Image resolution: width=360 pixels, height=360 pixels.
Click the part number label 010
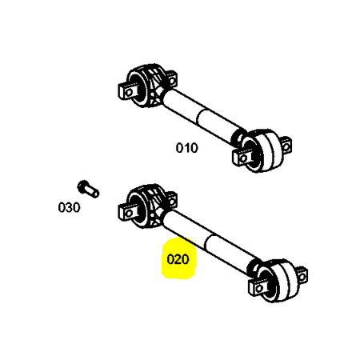tap(187, 148)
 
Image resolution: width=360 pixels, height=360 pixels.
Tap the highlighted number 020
tap(178, 259)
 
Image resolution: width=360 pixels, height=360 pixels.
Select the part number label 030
tap(69, 207)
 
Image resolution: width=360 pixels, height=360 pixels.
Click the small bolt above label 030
tap(88, 189)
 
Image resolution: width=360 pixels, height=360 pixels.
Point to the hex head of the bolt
tap(83, 186)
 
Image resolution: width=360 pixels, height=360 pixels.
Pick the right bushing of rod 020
tap(275, 281)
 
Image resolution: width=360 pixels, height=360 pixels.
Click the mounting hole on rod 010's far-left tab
tap(129, 92)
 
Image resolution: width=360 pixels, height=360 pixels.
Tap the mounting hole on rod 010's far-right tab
tap(286, 146)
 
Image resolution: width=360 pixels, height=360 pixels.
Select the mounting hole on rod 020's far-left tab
tap(129, 213)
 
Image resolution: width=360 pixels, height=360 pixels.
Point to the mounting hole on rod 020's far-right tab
tap(302, 277)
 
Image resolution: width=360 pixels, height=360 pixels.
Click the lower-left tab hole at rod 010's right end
tap(243, 158)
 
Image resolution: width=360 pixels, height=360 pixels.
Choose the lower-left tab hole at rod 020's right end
tap(259, 288)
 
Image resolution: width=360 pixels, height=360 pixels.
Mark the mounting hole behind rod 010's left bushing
tap(172, 80)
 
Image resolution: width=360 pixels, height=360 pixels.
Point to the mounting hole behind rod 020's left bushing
tap(172, 201)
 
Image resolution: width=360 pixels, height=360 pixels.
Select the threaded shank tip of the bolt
tap(95, 193)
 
